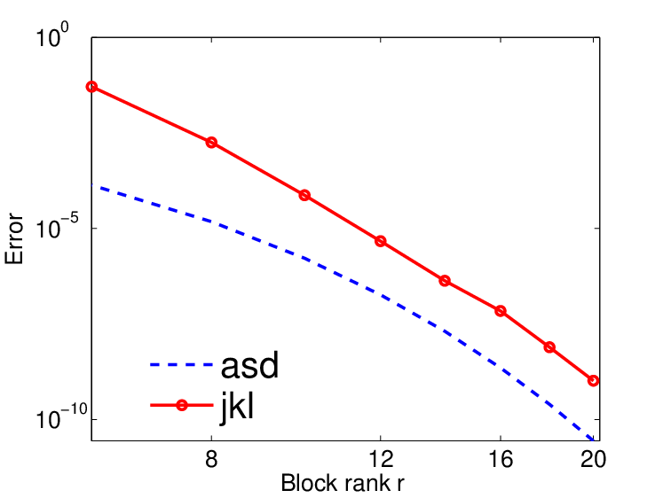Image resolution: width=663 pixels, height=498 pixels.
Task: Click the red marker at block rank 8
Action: click(x=211, y=143)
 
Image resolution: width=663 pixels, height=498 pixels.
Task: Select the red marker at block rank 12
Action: click(x=381, y=241)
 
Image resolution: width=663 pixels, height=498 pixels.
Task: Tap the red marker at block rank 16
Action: click(x=501, y=311)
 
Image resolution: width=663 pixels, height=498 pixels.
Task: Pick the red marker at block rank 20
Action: click(x=593, y=380)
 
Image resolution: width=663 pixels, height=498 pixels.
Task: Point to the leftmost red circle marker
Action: click(x=91, y=87)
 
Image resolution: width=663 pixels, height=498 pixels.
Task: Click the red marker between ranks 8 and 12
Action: click(x=304, y=196)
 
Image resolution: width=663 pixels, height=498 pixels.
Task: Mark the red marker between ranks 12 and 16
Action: click(x=445, y=281)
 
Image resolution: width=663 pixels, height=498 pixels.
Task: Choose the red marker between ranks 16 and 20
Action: click(x=549, y=347)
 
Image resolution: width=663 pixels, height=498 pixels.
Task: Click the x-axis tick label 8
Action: click(x=211, y=459)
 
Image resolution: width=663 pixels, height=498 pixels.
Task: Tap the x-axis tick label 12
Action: click(x=381, y=459)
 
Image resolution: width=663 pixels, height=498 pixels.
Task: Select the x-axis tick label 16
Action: click(x=501, y=459)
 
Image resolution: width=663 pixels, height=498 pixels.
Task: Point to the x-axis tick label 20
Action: click(x=593, y=459)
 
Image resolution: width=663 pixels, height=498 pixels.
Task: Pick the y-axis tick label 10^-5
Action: click(x=57, y=227)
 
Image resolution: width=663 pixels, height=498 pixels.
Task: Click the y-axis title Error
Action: click(x=14, y=238)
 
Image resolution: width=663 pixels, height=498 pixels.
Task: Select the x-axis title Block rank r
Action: click(x=343, y=483)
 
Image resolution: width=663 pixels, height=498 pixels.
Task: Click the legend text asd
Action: click(x=250, y=365)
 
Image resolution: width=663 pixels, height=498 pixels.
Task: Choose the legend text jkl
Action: click(x=237, y=405)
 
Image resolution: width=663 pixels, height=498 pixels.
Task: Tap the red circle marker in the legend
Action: click(x=182, y=405)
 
